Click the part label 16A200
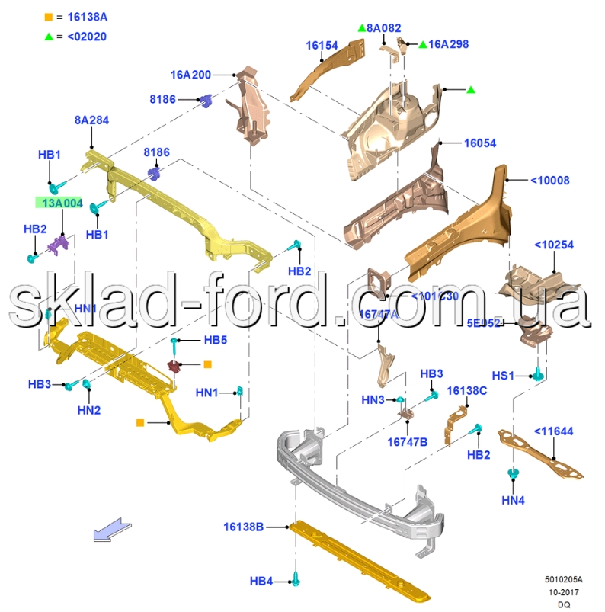point(190,75)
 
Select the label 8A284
point(91,120)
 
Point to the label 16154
point(322,46)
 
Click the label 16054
point(480,143)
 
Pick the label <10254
point(554,245)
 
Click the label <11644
point(553,431)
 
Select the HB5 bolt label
point(215,340)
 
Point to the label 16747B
point(407,441)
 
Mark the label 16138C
point(466,391)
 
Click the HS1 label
point(503,376)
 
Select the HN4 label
point(514,501)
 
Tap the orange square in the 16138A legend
point(49,16)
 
